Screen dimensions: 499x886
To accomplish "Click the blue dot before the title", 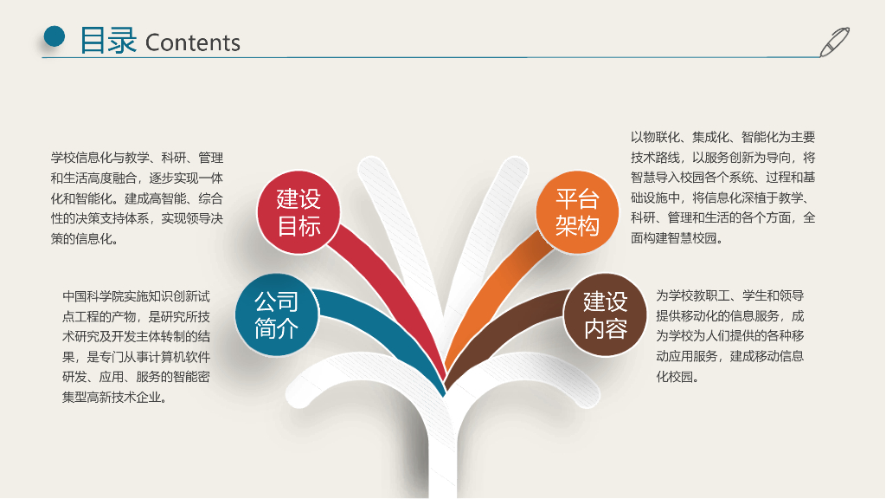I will [55, 36].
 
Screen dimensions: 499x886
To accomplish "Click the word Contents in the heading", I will [193, 42].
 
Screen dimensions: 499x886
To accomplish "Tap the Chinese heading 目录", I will [108, 41].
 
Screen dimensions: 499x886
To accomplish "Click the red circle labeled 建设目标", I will [299, 212].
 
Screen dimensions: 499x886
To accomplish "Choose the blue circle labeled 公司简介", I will [276, 314].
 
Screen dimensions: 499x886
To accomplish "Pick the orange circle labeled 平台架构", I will [576, 212].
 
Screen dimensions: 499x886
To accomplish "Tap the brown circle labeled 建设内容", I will [605, 314].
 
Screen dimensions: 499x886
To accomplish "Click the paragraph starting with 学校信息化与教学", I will [137, 198].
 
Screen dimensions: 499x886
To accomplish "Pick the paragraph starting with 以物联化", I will [722, 187].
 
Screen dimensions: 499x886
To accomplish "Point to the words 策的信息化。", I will [85, 239].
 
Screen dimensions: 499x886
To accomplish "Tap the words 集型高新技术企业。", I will [114, 398].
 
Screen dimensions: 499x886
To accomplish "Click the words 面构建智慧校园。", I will [677, 238].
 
